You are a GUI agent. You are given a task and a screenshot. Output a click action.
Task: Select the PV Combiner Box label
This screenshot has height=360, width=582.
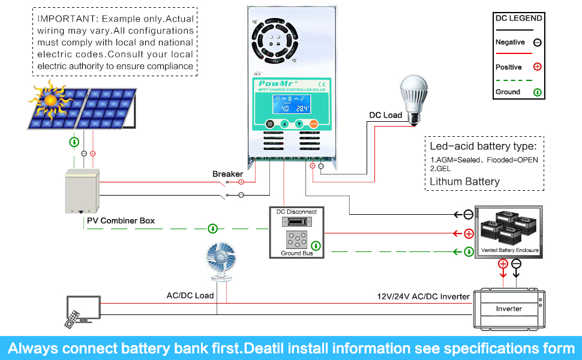coord(121,221)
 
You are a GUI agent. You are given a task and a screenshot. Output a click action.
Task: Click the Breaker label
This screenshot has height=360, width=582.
coord(227,174)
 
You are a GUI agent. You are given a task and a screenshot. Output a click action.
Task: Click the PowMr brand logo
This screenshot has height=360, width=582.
coord(274,83)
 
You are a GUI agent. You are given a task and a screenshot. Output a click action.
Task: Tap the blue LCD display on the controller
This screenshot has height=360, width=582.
coord(290,103)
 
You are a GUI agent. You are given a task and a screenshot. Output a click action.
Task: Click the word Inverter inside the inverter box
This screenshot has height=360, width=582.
coord(509,309)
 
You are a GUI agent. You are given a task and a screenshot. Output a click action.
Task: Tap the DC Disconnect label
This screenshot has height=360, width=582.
coord(296,212)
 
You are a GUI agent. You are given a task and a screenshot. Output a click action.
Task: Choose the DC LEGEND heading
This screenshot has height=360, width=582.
coord(518,18)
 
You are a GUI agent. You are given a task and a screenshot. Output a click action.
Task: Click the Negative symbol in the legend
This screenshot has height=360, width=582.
coord(537,43)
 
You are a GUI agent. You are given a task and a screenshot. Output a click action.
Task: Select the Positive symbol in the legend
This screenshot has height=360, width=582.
coord(537,67)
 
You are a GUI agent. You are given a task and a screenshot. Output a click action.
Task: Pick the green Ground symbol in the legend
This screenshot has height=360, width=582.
coord(537,92)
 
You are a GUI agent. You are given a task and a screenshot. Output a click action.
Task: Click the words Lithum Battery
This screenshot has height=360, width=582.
coord(464,181)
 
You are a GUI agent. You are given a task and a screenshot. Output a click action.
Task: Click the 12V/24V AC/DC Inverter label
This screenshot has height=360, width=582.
coord(423,296)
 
